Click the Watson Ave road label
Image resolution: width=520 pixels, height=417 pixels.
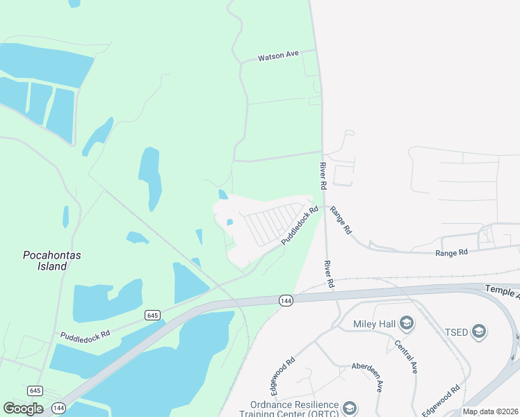(278, 56)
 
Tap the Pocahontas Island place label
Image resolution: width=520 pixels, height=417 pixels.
(52, 261)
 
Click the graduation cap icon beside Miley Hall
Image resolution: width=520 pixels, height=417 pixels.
(407, 322)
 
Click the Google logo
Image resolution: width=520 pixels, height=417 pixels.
(23, 409)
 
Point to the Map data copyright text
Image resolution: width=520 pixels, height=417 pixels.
(490, 411)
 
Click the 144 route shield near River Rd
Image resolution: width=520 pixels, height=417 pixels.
(285, 300)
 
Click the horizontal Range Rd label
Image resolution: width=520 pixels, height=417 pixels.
(453, 253)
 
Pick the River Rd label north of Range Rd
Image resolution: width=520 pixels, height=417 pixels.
(323, 177)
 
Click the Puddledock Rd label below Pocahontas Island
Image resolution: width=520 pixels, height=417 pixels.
(85, 334)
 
